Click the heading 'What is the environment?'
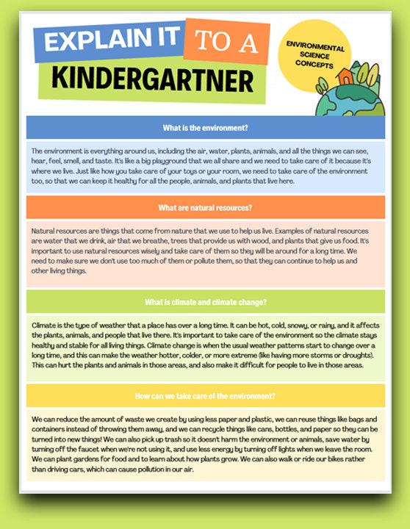(x=205, y=127)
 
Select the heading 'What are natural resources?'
(x=205, y=207)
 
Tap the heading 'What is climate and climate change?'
(x=205, y=302)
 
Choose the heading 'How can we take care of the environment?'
(x=205, y=395)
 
